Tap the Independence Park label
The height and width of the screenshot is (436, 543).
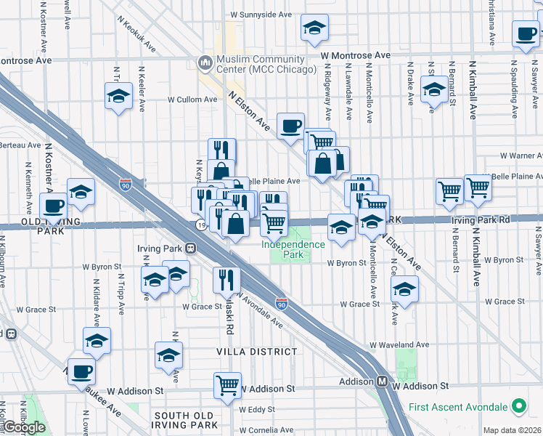click(293, 249)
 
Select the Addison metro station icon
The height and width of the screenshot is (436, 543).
click(381, 381)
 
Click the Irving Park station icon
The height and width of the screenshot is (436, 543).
click(191, 248)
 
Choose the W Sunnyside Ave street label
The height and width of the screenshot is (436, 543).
click(261, 15)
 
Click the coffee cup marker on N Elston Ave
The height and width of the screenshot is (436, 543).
click(290, 126)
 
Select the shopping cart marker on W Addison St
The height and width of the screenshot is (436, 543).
click(228, 384)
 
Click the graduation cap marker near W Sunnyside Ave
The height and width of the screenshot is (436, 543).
click(314, 28)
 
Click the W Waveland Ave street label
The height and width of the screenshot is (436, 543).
click(399, 345)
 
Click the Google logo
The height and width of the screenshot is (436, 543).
click(25, 427)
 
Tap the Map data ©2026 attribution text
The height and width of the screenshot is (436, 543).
click(512, 430)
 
